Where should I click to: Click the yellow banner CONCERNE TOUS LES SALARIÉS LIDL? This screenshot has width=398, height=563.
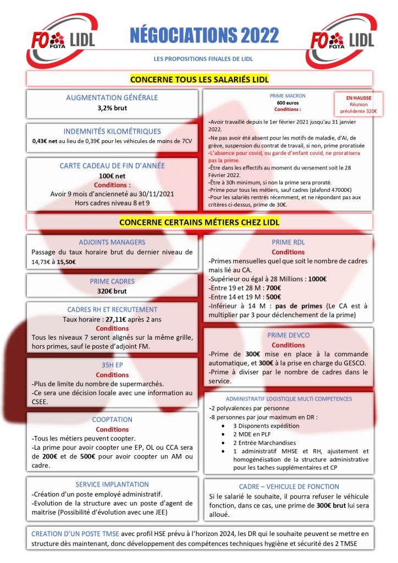pos(200,79)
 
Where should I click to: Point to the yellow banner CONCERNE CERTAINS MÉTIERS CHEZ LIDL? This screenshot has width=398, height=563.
pos(200,222)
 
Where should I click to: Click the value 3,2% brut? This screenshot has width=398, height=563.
pos(112,108)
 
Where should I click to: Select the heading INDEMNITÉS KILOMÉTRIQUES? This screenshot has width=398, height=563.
pos(112,131)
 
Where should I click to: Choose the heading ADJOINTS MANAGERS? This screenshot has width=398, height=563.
pos(112,242)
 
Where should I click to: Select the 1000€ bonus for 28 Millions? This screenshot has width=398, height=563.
pos(317,279)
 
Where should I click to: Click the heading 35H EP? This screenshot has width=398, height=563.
pos(112,365)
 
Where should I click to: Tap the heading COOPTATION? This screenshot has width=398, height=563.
pos(112,420)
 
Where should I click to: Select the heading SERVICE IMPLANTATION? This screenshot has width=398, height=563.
pos(112,484)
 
